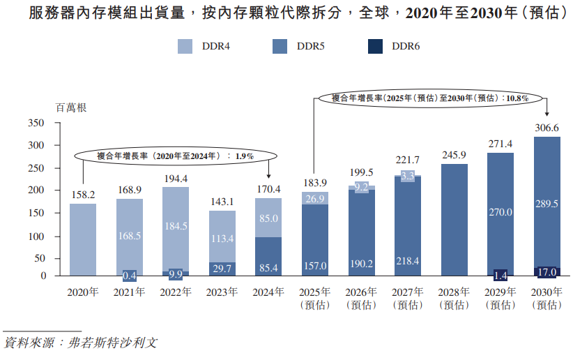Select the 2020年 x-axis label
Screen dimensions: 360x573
pos(83,292)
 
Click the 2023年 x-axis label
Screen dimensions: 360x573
pos(222,292)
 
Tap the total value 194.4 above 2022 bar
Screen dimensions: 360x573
pos(176,179)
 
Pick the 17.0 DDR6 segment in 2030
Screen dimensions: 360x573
pos(547,271)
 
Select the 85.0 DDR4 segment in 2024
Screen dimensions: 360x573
pos(268,218)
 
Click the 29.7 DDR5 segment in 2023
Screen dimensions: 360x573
pos(222,269)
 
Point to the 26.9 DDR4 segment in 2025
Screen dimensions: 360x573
pos(315,199)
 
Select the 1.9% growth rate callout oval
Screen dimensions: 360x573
pos(175,156)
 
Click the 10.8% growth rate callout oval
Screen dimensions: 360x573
pos(430,98)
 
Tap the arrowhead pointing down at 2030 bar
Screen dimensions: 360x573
pos(547,114)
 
